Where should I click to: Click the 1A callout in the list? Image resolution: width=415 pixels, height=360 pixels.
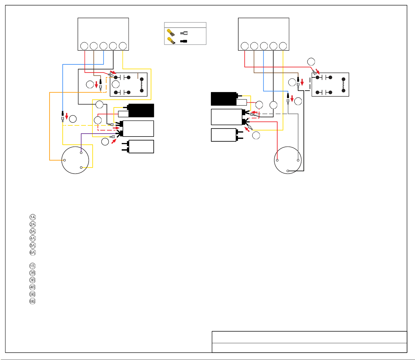click(33, 217)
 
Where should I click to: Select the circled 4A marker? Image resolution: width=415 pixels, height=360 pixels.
click(33, 238)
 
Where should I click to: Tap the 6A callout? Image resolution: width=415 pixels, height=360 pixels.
click(33, 252)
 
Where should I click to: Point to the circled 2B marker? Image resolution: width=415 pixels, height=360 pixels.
click(33, 273)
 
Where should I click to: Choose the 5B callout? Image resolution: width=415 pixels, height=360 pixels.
click(33, 294)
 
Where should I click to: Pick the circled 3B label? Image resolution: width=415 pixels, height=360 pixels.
click(33, 280)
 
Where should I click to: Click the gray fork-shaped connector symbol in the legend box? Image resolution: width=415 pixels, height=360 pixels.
click(184, 33)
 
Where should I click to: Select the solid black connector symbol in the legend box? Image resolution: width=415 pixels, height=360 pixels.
click(184, 41)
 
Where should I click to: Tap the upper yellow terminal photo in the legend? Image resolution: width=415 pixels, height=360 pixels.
click(171, 32)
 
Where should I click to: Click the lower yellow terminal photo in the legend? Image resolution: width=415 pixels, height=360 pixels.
click(171, 41)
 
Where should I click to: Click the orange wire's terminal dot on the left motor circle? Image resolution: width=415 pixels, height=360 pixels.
click(65, 160)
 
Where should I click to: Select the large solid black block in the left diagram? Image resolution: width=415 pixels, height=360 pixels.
click(141, 111)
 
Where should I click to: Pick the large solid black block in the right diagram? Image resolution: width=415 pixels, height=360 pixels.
click(224, 99)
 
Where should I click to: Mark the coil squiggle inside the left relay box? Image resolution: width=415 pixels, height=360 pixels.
click(141, 85)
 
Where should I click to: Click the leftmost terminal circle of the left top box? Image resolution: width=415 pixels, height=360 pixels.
click(84, 46)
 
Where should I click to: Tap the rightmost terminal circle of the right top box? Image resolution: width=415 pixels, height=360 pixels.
click(283, 46)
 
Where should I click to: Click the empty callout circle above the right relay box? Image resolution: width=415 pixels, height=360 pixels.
click(311, 61)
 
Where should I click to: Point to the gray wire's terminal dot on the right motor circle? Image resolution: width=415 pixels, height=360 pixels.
click(298, 160)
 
